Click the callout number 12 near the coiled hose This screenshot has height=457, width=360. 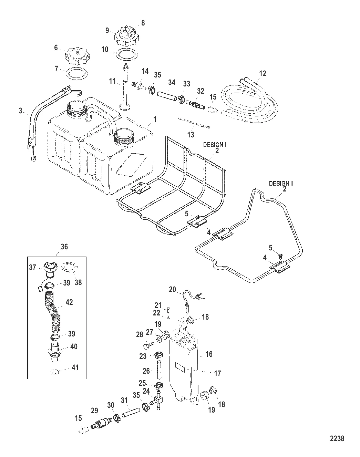(x=263, y=73)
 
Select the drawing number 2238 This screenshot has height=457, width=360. (x=337, y=438)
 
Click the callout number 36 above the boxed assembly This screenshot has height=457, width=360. (x=64, y=247)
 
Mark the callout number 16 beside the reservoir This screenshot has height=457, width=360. (x=209, y=354)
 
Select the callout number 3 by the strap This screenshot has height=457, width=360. (x=20, y=111)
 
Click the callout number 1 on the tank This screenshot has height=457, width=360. (x=155, y=119)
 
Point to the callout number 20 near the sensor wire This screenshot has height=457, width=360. (x=172, y=289)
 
